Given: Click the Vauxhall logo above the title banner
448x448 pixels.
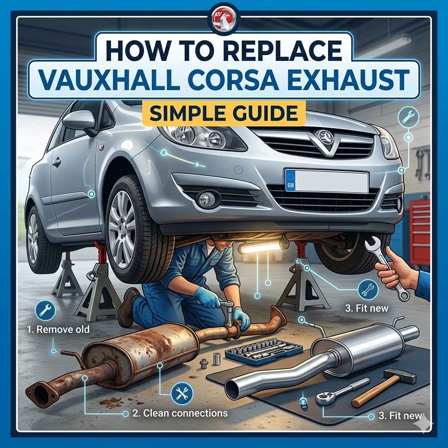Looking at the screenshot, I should point(224,17).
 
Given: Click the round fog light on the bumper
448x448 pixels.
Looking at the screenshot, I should point(206,199).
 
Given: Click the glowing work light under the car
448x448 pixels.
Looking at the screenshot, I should point(260,248).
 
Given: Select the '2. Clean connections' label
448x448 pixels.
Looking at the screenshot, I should point(179,413).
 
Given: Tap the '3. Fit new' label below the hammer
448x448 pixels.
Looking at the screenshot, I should point(399,416).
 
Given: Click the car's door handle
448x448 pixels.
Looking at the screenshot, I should point(56,163).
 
